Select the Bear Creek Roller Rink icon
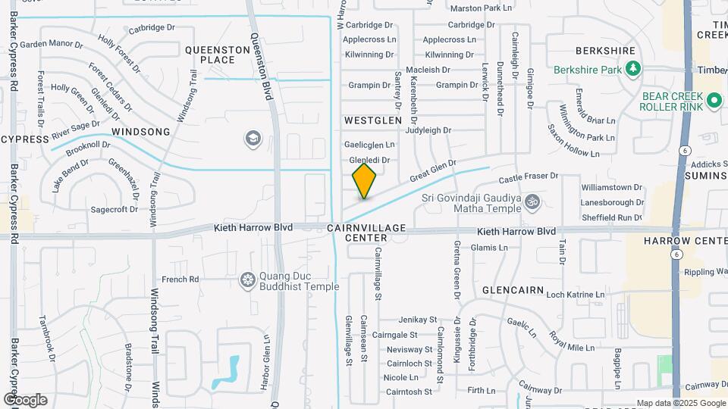[x=714, y=100]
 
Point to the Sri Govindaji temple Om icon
[x=532, y=202]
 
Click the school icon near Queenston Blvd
[x=253, y=139]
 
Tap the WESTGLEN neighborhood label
[x=372, y=120]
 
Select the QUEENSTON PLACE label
[x=218, y=55]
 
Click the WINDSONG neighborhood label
[x=141, y=132]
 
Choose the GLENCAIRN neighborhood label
[x=513, y=290]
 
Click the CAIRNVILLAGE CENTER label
[x=367, y=233]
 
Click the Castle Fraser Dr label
[x=528, y=176]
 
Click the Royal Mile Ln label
[x=573, y=342]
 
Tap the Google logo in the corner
[x=25, y=399]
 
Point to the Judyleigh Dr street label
[x=428, y=130]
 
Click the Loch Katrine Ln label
[x=576, y=295]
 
